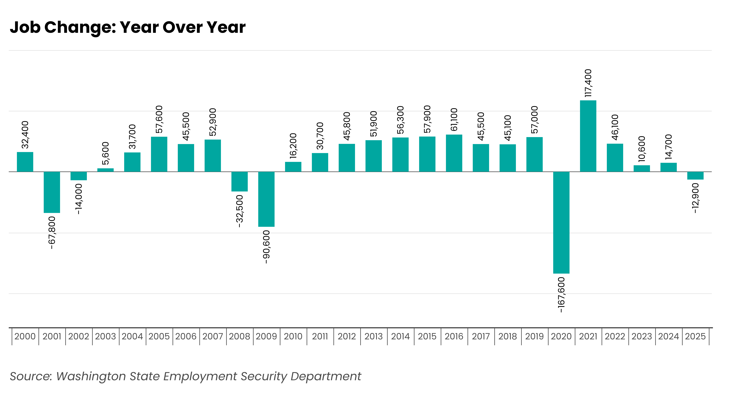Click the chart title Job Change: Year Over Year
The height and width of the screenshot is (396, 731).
click(x=128, y=28)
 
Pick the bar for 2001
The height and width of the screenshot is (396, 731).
click(x=52, y=192)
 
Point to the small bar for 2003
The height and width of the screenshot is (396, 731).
click(x=106, y=170)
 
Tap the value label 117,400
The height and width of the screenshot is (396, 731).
click(x=588, y=83)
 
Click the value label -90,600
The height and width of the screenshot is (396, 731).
click(x=266, y=247)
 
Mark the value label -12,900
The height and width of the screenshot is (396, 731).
click(x=695, y=198)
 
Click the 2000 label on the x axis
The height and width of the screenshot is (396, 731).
click(x=25, y=336)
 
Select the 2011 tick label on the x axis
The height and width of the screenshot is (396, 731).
click(x=320, y=336)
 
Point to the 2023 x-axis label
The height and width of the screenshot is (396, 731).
click(x=642, y=336)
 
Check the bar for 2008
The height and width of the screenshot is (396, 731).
click(x=239, y=182)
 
